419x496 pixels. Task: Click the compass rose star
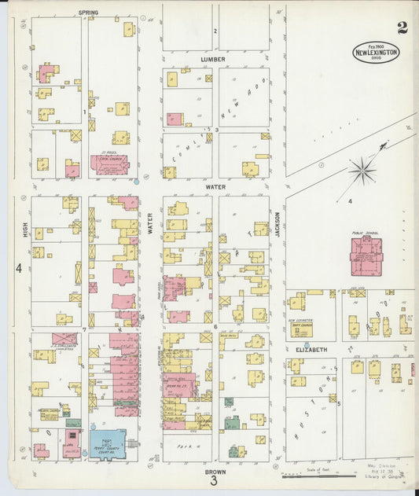pos(362,170)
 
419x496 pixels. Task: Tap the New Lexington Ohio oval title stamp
pos(375,52)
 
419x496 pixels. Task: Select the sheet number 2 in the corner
pos(402,28)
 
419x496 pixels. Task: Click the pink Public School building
pos(366,257)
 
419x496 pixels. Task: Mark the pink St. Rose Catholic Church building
pos(108,164)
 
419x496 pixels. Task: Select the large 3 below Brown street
pos(213,482)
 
